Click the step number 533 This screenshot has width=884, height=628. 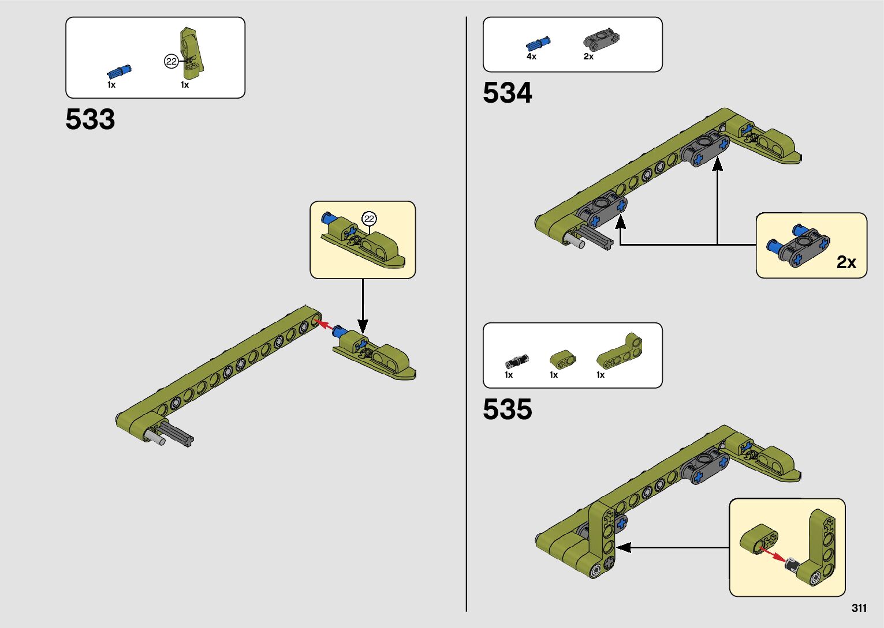pyautogui.click(x=90, y=119)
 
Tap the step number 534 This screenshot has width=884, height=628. pyautogui.click(x=507, y=93)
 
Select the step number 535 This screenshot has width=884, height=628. pyautogui.click(x=507, y=409)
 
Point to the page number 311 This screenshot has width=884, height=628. pyautogui.click(x=859, y=608)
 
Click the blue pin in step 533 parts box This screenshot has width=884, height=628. pyautogui.click(x=119, y=72)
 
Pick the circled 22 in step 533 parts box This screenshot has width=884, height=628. pyautogui.click(x=171, y=61)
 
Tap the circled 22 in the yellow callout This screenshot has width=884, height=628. pyautogui.click(x=369, y=219)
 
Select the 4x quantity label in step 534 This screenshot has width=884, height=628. pyautogui.click(x=531, y=57)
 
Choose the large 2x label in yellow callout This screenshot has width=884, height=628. pyautogui.click(x=846, y=262)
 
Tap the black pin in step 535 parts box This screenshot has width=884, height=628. pyautogui.click(x=513, y=362)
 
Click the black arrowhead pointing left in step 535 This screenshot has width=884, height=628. pyautogui.click(x=623, y=547)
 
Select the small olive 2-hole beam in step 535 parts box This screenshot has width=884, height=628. pyautogui.click(x=562, y=360)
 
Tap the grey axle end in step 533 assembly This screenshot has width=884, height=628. pyautogui.click(x=157, y=439)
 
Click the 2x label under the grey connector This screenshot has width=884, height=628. pyautogui.click(x=588, y=57)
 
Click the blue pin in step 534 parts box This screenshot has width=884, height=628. pyautogui.click(x=538, y=43)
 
